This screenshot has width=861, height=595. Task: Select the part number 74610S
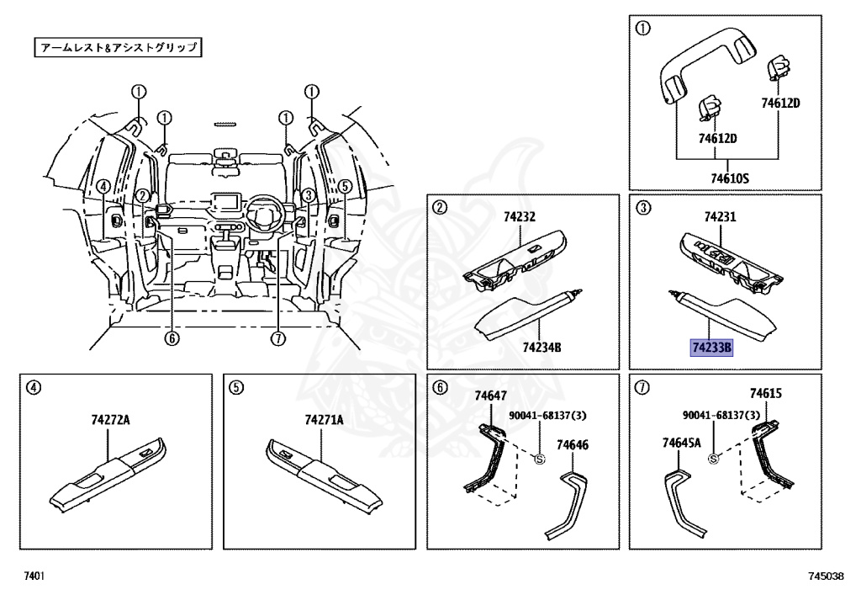tap(729, 178)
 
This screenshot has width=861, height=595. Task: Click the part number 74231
tap(720, 216)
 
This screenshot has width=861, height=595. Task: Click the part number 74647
tap(489, 395)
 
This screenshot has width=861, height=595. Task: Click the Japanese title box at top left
tap(119, 47)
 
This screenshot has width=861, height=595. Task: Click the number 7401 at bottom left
tap(34, 576)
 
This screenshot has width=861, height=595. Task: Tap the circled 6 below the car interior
tap(172, 338)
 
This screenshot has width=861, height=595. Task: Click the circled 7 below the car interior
tap(279, 338)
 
